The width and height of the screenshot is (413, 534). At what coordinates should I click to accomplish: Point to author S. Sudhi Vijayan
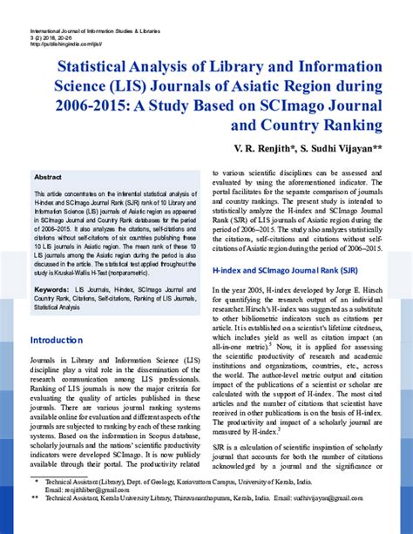tap(337, 149)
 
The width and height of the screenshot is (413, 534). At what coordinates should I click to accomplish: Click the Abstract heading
tap(48, 176)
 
